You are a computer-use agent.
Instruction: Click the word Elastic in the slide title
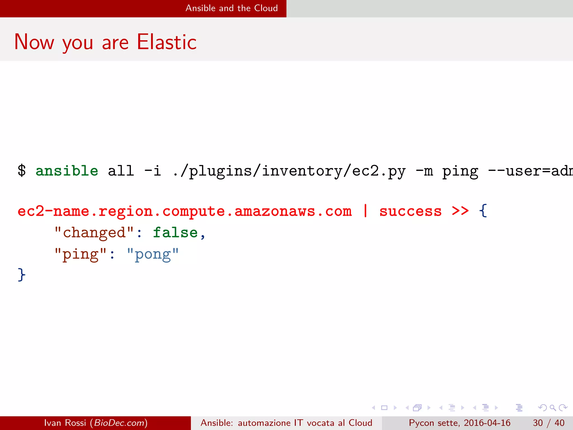coord(167,42)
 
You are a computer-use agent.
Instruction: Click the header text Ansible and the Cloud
coord(232,8)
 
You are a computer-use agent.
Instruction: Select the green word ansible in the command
coord(67,171)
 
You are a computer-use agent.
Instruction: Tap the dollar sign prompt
coord(22,171)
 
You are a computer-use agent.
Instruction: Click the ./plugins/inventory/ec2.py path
coord(289,171)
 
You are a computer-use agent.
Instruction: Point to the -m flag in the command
coord(424,171)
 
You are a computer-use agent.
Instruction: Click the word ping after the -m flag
coord(460,171)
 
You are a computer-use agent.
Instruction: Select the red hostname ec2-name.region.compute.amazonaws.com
coord(185,211)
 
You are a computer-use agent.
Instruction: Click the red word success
coord(410,211)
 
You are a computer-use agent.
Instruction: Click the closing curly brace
coord(22,274)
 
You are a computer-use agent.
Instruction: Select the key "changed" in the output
coord(94,233)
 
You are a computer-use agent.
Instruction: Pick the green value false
coord(175,233)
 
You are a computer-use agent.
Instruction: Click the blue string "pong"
coord(153,254)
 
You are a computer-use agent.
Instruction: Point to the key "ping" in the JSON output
coord(81,254)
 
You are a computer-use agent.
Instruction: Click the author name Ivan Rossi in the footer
coord(65,423)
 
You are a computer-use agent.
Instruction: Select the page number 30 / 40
coord(548,423)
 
